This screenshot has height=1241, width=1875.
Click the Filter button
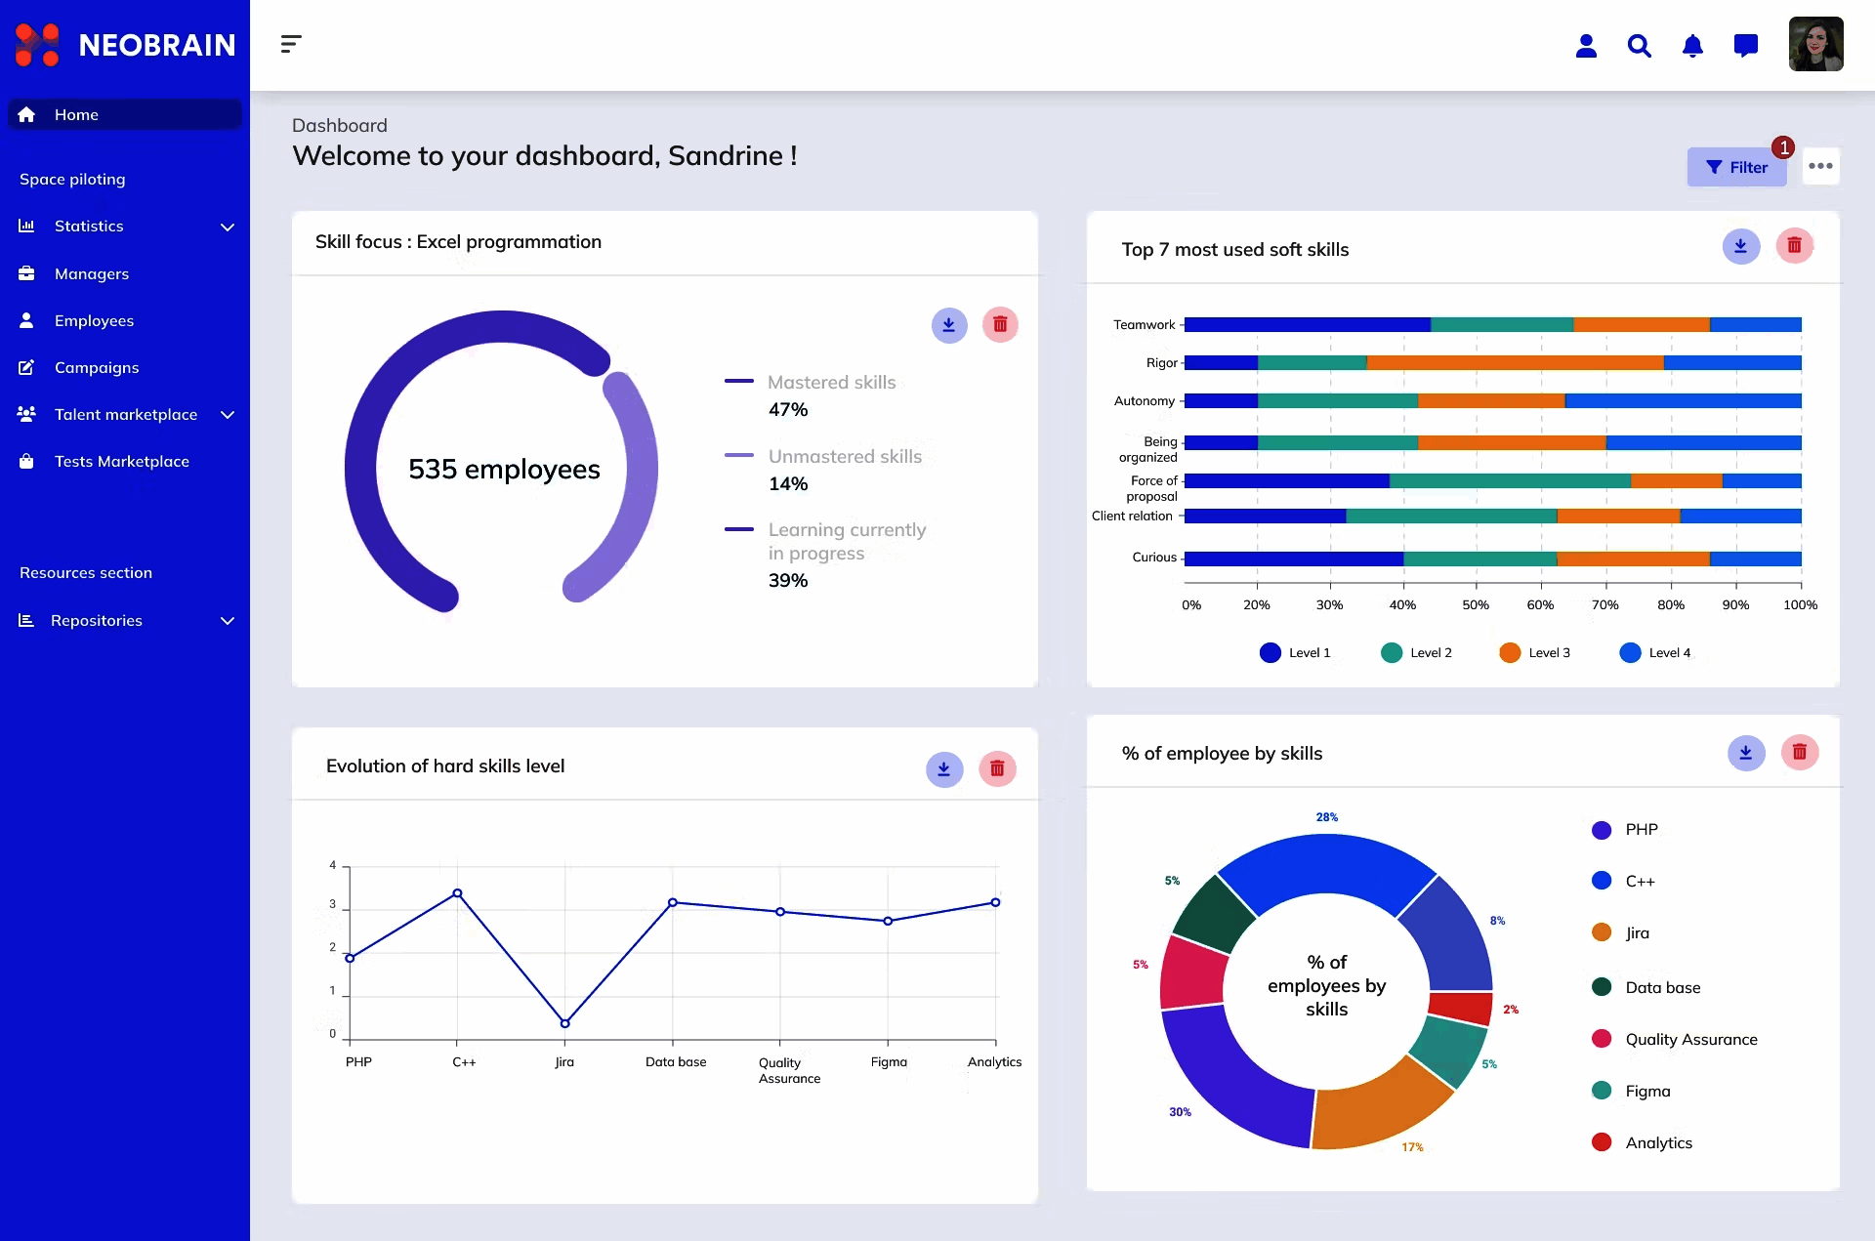click(1736, 167)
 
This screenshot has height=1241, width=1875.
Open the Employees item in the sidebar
click(94, 320)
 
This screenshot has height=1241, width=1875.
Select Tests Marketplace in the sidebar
click(121, 461)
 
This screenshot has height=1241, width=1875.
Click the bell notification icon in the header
click(1692, 46)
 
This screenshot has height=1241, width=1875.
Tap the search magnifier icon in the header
click(1639, 46)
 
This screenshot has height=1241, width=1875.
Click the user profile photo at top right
click(1815, 44)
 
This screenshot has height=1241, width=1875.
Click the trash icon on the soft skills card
click(1794, 246)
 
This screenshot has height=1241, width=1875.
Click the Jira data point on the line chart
click(564, 1023)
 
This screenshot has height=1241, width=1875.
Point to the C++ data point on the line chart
click(457, 893)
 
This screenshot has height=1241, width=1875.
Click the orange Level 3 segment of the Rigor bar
click(1514, 363)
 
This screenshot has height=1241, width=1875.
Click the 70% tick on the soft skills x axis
click(1604, 604)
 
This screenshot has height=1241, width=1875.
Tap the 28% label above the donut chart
click(1326, 817)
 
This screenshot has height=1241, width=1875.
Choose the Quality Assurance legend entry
click(1689, 1039)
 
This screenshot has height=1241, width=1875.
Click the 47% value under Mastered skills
click(788, 410)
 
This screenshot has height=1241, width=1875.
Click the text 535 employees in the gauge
click(504, 470)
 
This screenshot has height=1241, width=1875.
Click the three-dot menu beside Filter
click(1820, 166)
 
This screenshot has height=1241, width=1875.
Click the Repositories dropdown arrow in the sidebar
click(228, 621)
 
